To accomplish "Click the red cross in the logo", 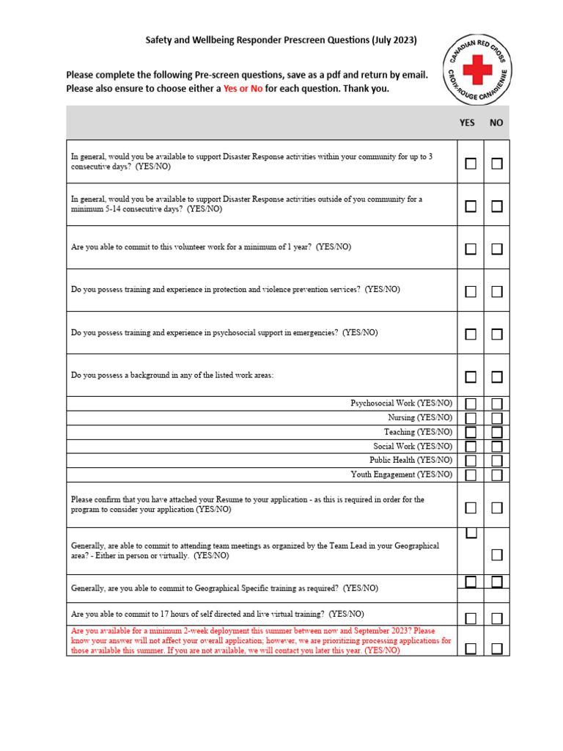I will [479, 71].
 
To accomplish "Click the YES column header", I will [467, 123].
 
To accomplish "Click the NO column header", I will [496, 123].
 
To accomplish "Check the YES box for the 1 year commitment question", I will [471, 249].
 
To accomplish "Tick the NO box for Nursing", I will [497, 418].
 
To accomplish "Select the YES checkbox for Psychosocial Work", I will [471, 404].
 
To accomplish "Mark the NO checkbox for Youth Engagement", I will [497, 475].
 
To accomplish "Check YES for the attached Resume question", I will [471, 508].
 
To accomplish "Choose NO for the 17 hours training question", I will [497, 618].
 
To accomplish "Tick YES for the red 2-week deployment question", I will [471, 648].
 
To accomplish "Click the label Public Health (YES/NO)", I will [411, 461].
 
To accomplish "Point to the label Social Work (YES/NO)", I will [413, 446].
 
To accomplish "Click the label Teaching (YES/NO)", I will [419, 432].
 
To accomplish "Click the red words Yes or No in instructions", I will [243, 89].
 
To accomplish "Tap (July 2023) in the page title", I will [394, 40].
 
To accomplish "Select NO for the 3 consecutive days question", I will [497, 164].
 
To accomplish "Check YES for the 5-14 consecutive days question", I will [471, 207].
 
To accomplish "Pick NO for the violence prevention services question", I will [497, 292].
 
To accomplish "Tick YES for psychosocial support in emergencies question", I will [471, 334].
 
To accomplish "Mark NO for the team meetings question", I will [497, 555].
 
